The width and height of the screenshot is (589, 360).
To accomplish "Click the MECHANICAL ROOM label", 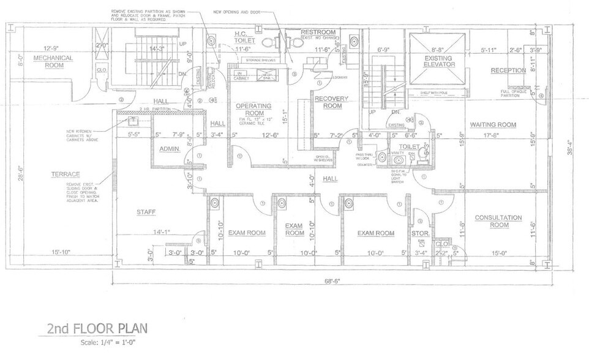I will click(53, 61).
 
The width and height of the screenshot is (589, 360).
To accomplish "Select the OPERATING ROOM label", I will click(253, 110).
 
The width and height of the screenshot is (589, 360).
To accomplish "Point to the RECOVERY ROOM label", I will click(332, 102).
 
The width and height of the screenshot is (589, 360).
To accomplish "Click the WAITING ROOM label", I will click(493, 124).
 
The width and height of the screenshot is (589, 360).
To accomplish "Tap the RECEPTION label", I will click(508, 70).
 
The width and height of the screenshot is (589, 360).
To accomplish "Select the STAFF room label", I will click(146, 212).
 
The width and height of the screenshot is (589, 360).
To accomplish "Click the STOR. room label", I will click(420, 233).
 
